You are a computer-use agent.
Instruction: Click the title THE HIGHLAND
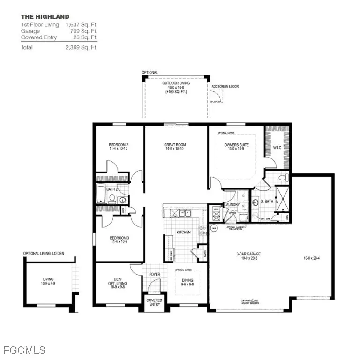(45, 17)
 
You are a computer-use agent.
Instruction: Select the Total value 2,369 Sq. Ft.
(81, 47)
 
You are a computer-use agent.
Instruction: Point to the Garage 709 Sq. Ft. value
(82, 30)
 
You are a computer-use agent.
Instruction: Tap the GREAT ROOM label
(175, 145)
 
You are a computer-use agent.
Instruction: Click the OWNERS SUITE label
(236, 145)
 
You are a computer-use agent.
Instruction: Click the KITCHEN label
(183, 232)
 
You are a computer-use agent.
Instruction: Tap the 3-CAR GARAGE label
(248, 254)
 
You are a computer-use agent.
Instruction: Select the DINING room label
(187, 280)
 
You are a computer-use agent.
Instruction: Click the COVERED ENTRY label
(154, 302)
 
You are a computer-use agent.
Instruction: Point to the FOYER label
(155, 275)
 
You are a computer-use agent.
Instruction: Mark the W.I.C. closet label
(278, 147)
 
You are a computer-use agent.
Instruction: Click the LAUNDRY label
(232, 204)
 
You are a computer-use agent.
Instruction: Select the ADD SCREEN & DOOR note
(225, 86)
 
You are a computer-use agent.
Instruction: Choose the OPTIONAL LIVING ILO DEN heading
(47, 254)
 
